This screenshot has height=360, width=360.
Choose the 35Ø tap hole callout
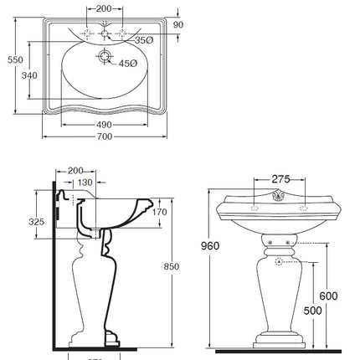point(144,39)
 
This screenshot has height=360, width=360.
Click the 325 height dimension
point(37,223)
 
